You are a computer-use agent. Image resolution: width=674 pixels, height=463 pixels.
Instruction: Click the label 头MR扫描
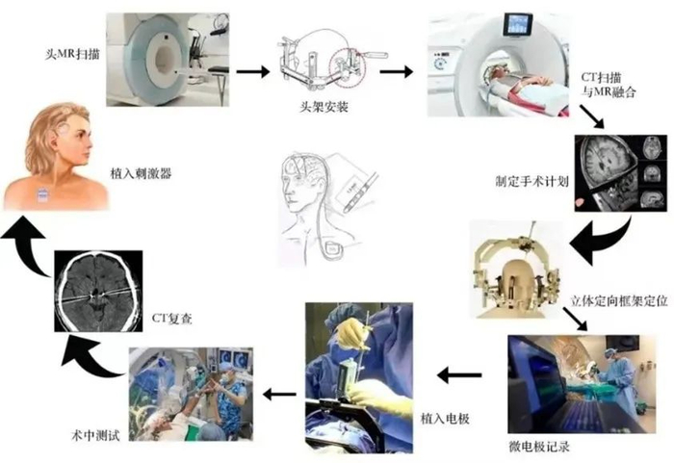72,54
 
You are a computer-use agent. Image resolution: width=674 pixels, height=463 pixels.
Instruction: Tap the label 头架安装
324,107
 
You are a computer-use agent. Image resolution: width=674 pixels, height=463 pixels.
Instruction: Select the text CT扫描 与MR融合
609,85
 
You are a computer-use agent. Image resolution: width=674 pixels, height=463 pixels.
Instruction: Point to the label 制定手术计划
532,181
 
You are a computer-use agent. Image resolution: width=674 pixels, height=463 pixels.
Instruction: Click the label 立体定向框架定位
619,300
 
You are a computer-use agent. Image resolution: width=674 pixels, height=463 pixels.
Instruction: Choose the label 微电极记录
539,447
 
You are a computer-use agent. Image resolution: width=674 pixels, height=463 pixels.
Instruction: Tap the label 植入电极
445,419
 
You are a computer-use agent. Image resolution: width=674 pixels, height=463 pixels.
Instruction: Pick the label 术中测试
95,435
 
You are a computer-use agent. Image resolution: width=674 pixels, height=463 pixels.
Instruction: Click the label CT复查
172,319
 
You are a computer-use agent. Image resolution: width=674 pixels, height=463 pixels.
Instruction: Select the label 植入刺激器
141,173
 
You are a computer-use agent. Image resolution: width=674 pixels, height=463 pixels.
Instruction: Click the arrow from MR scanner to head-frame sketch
252,71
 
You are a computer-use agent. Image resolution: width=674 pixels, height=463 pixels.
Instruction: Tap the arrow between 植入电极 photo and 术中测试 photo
279,394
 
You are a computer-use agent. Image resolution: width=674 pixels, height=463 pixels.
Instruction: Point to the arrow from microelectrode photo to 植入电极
459,374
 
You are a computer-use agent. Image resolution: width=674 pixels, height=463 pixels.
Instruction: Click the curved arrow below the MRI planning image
602,241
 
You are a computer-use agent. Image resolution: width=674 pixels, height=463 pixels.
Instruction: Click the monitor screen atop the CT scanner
518,25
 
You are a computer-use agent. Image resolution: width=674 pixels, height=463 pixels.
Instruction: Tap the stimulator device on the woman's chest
42,194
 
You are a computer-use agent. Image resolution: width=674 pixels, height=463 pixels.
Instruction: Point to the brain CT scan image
98,291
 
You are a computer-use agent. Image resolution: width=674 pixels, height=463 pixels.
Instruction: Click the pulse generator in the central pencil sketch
333,250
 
